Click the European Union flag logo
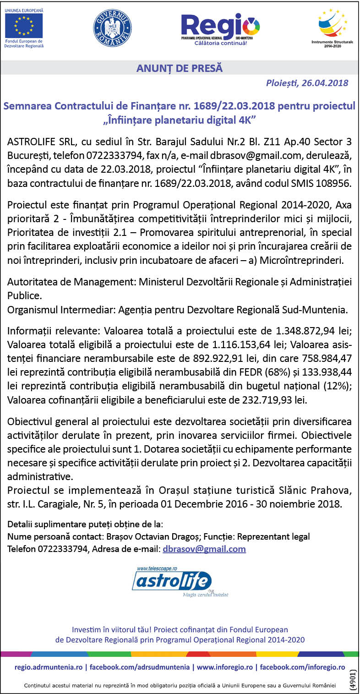pyautogui.click(x=24, y=26)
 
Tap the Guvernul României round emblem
pyautogui.click(x=112, y=28)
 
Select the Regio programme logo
pyautogui.click(x=220, y=28)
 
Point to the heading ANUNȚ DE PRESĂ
pyautogui.click(x=180, y=69)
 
